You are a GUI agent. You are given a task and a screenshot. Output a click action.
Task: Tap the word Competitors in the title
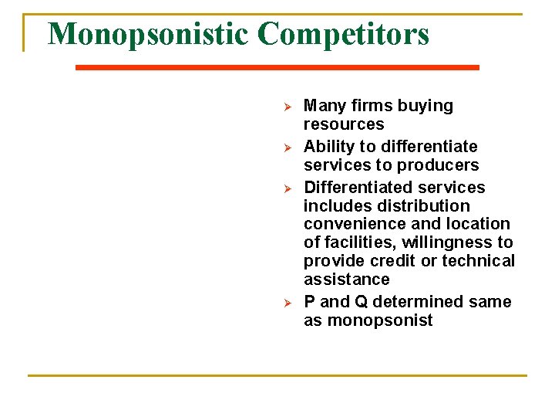click(344, 35)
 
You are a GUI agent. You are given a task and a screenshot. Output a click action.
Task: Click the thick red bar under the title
click(277, 68)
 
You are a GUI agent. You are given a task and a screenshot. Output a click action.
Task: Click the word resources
click(344, 124)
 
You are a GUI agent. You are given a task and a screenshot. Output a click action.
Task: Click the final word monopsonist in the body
click(368, 320)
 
